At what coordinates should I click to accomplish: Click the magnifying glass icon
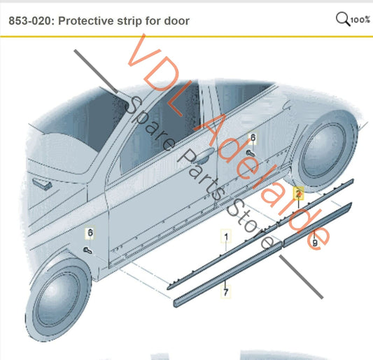343,19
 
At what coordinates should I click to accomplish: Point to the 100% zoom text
360,20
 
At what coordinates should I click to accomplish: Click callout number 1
225,237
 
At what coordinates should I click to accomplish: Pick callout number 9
315,242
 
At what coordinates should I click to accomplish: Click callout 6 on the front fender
90,232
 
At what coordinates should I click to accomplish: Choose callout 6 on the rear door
253,137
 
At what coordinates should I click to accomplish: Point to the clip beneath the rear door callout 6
250,152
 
